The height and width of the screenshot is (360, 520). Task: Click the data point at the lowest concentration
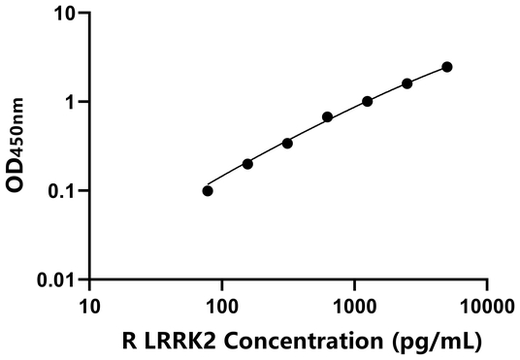coord(208,190)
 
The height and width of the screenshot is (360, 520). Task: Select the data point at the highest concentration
coord(447,67)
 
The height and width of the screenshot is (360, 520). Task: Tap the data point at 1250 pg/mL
coord(368,101)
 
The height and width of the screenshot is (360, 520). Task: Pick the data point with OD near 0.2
coord(247,164)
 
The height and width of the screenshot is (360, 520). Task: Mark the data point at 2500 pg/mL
coord(407,83)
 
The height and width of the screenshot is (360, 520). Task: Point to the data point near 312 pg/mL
coord(287,143)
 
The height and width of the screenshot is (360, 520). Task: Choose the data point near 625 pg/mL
coord(328,117)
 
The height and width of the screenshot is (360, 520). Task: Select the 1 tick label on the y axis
coord(71,102)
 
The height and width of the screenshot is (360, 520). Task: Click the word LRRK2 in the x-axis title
coord(179,341)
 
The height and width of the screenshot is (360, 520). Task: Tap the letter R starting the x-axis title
coord(131,341)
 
